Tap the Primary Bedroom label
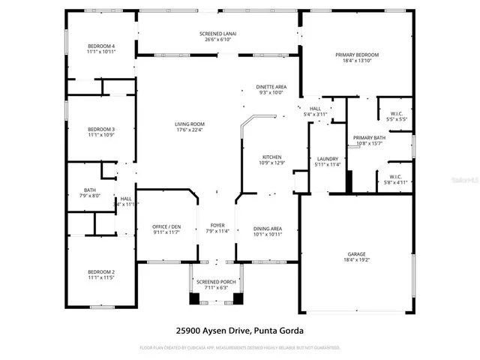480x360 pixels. point(356,55)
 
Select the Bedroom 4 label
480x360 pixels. point(100,47)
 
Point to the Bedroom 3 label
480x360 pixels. point(100,129)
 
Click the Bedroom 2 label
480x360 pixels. point(100,271)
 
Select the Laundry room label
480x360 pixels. point(328,158)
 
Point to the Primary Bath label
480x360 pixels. point(369,138)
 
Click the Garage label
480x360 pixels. point(356,254)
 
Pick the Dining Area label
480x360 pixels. point(266,228)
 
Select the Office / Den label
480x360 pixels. point(166,226)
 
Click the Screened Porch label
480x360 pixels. point(215,280)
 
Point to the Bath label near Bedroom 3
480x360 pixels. point(90,190)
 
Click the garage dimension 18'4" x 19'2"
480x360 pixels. point(356,260)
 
